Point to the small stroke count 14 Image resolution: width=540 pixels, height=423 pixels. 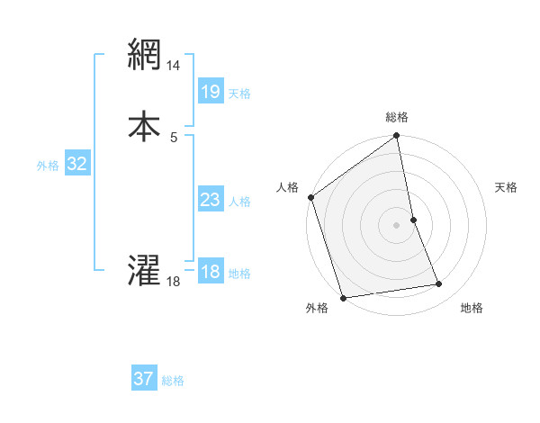(x=174, y=66)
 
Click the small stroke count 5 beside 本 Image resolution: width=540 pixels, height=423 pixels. (x=174, y=137)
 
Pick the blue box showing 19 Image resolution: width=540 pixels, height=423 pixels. (x=210, y=91)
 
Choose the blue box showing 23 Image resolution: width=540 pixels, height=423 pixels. (x=210, y=200)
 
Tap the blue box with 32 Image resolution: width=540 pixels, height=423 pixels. (x=76, y=164)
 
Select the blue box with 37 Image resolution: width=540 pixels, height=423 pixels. (x=143, y=379)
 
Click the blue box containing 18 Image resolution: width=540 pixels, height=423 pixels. (x=210, y=272)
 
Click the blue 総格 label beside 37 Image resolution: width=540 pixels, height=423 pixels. (x=173, y=381)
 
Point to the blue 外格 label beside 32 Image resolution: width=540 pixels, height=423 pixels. (x=48, y=166)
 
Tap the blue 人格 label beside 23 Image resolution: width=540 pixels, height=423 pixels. (x=239, y=202)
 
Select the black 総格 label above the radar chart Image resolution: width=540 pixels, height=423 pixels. (x=397, y=117)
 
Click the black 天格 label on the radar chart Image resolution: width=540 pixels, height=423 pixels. (x=506, y=187)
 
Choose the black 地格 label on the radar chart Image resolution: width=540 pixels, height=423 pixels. (x=472, y=309)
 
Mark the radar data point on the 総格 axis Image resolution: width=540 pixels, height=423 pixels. (x=397, y=137)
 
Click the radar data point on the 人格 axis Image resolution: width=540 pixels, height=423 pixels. (x=310, y=197)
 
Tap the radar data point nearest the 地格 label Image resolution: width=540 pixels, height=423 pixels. (x=439, y=284)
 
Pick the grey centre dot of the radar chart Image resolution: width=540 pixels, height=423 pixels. (x=397, y=225)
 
